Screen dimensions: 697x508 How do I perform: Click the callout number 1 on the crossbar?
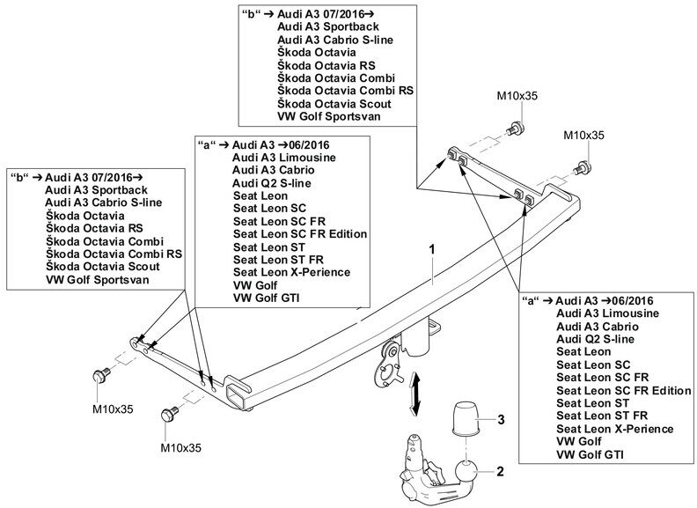[x=431, y=249]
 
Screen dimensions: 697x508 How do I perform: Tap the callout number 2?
[x=500, y=471]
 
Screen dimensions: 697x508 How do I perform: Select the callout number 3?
[x=501, y=419]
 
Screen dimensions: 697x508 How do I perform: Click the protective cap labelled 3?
[x=465, y=418]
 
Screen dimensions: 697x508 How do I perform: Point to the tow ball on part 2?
[x=466, y=473]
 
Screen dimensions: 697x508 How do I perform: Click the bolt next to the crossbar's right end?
[x=582, y=168]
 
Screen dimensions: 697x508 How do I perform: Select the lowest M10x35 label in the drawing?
[x=181, y=447]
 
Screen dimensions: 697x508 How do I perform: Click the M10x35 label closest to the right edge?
[x=583, y=135]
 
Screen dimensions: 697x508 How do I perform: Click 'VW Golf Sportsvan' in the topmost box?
[x=329, y=116]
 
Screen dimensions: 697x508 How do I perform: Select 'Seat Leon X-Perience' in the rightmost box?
[x=615, y=430]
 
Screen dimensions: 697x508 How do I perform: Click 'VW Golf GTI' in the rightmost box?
[x=590, y=454]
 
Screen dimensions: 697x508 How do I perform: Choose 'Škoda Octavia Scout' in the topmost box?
[x=334, y=104]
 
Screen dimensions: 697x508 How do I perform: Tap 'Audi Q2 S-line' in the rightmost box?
[x=595, y=340]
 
